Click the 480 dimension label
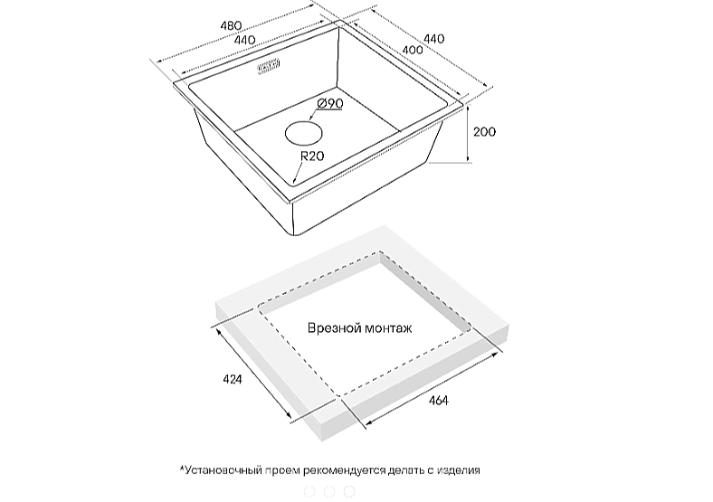pos(231,26)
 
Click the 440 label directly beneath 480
pos(244,40)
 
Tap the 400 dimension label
pos(413,50)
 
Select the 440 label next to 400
pos(434,39)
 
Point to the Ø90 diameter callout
pos(330,104)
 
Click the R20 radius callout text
pos(312,156)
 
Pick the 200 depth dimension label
pos(484,132)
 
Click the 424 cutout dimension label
pos(232,378)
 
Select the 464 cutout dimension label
pos(438,401)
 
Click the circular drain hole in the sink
pos(304,133)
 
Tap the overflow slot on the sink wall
pos(269,67)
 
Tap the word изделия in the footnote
pos(459,470)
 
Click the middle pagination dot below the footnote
pos(329,491)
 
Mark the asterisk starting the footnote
pos(182,468)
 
